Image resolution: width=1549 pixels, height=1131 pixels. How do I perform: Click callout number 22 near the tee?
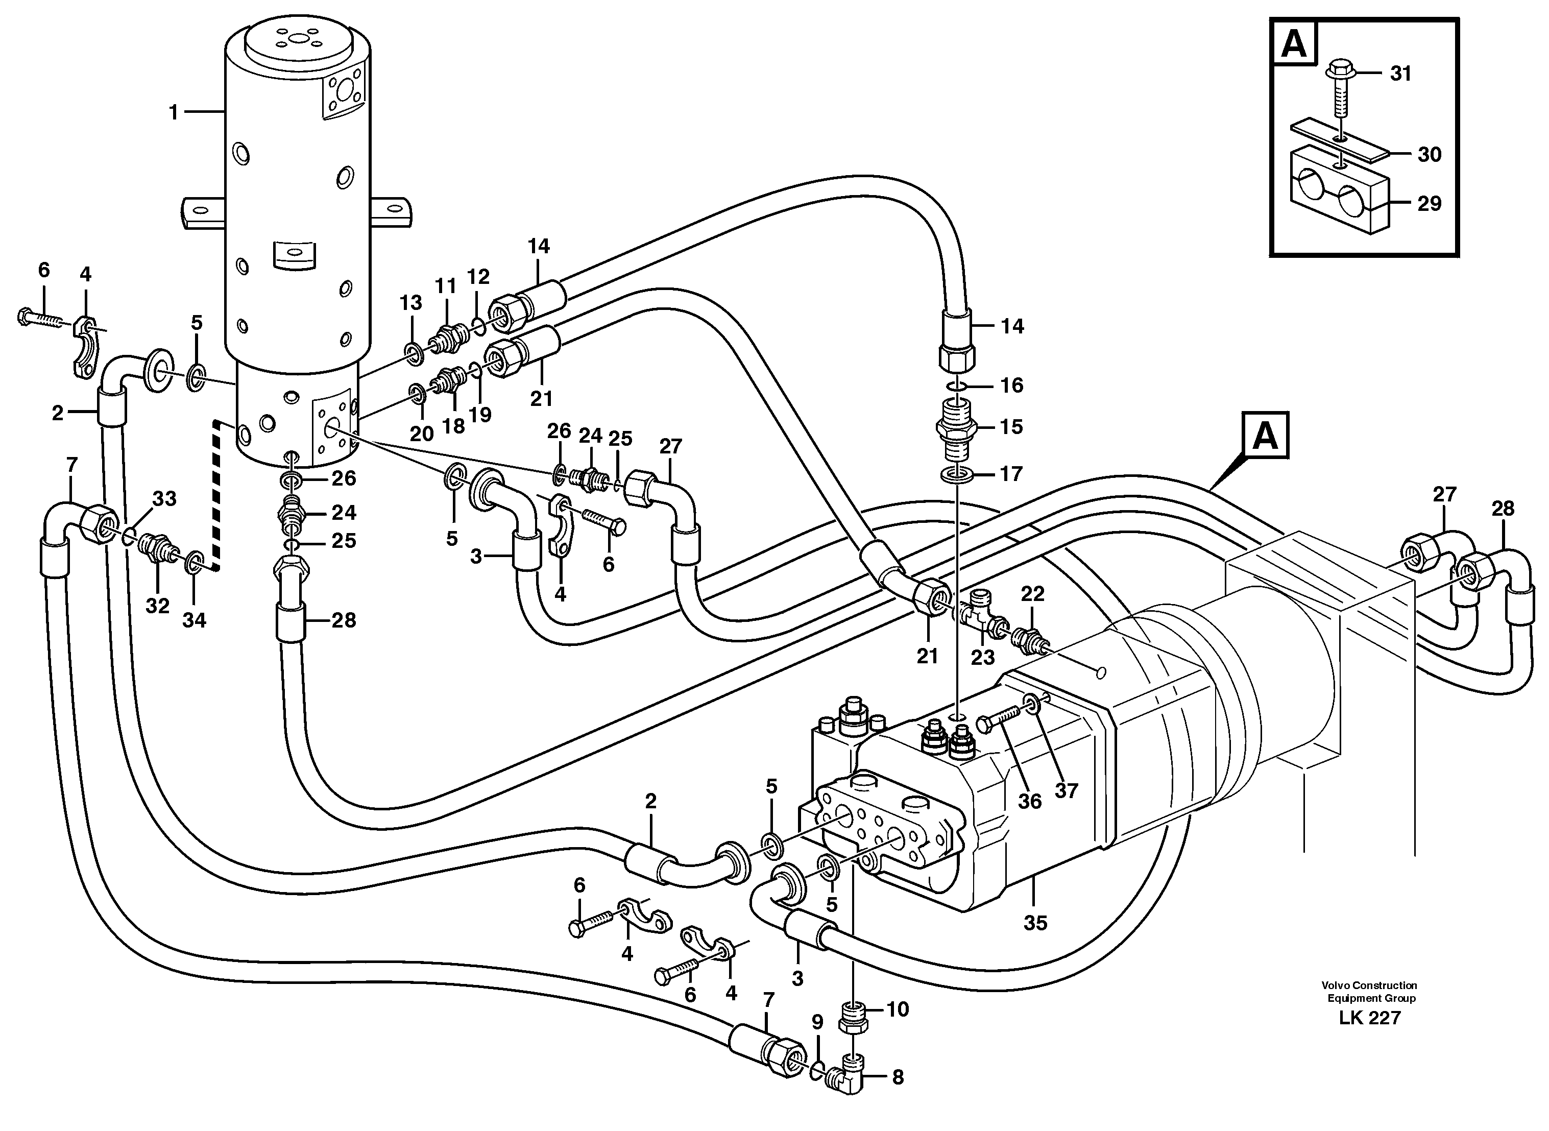point(1032,594)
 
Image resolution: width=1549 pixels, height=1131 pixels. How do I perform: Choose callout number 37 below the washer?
point(1066,791)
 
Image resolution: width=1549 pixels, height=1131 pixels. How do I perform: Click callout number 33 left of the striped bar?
point(164,499)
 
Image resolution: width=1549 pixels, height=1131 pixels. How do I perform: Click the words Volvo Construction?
point(1369,985)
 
